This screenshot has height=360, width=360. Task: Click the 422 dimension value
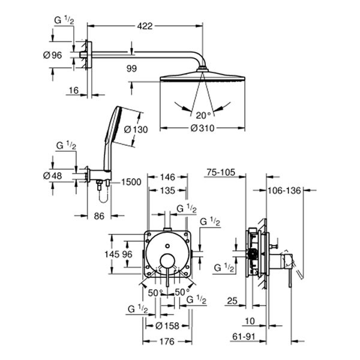point(145,26)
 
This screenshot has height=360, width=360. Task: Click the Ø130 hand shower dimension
point(135,129)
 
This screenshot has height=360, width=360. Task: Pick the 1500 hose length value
point(132,182)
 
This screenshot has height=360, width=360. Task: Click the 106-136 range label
point(284,191)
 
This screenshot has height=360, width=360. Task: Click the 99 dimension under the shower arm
point(132,69)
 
